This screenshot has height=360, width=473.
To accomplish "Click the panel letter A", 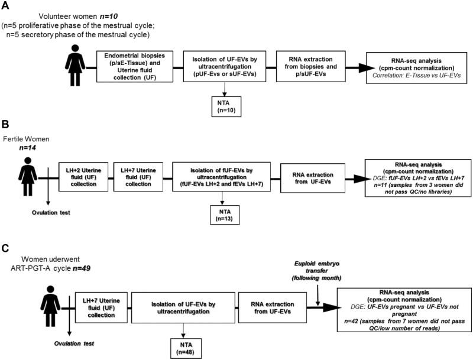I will (5, 5).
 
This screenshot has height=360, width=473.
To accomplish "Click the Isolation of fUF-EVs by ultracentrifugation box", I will (221, 176).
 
